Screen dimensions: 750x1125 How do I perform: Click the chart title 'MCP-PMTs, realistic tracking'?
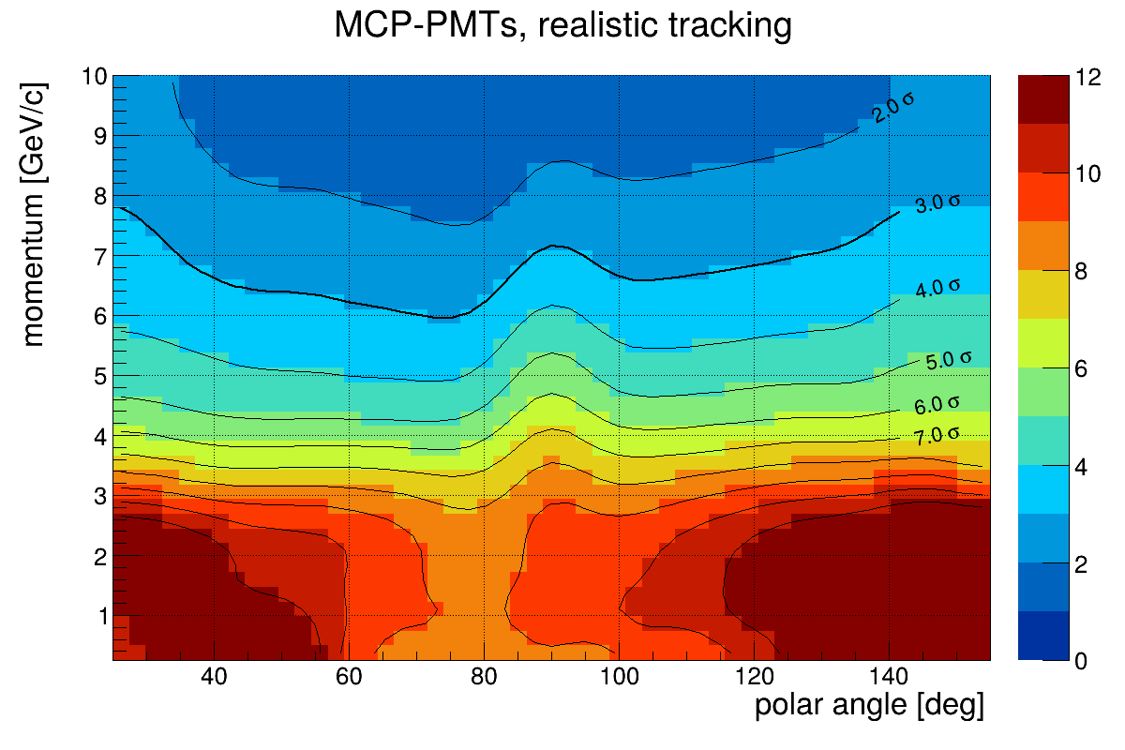tap(562, 26)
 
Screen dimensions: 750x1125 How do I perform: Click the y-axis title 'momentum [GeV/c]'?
tap(34, 211)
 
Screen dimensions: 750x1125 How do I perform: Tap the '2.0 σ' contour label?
tap(892, 108)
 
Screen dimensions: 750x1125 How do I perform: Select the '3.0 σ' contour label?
tap(937, 202)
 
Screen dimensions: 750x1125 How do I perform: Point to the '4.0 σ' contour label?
tap(937, 287)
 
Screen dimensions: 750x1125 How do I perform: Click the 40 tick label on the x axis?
tap(214, 678)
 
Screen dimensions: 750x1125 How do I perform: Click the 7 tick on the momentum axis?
tap(97, 256)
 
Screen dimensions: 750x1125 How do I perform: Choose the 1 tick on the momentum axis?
tap(97, 616)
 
